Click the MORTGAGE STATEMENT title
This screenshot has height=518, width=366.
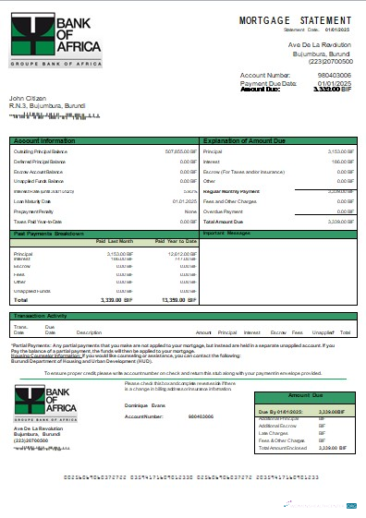pos(296,19)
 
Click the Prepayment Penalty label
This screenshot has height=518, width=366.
pos(34,211)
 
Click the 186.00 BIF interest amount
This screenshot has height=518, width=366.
pos(341,160)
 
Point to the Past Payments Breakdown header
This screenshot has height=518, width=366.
pos(50,233)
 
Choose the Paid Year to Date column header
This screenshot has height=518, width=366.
pos(176,241)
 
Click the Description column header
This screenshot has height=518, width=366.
pos(89,331)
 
